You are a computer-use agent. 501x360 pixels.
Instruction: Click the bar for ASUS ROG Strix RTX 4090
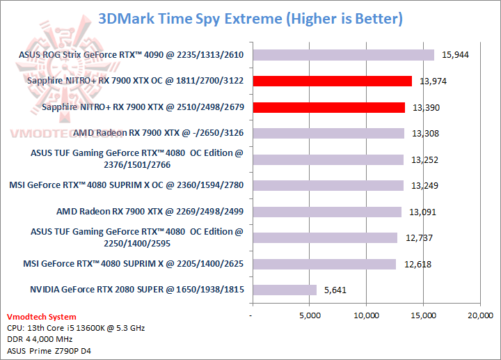[x=343, y=55]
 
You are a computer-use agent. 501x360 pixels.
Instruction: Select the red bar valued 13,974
[x=332, y=81]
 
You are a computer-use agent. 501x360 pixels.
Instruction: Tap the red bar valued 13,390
[x=328, y=107]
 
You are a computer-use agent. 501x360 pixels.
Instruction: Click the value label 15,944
[x=455, y=55]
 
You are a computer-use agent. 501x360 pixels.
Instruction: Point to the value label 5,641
[x=337, y=290]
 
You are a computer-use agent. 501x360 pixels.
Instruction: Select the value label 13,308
[x=425, y=134]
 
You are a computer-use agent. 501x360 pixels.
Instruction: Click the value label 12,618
[x=417, y=264]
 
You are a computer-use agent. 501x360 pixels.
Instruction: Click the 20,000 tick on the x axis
[x=479, y=315]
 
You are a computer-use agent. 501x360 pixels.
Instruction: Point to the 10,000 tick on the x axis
[x=366, y=315]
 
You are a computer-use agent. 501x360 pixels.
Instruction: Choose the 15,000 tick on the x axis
[x=422, y=315]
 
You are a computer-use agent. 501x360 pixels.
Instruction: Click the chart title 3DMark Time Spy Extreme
[x=250, y=18]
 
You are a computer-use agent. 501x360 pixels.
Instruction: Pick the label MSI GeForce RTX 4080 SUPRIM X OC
[x=126, y=186]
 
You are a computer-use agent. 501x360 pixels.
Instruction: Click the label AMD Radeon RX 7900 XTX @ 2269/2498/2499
[x=150, y=212]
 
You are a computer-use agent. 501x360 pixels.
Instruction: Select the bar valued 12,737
[x=324, y=237]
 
